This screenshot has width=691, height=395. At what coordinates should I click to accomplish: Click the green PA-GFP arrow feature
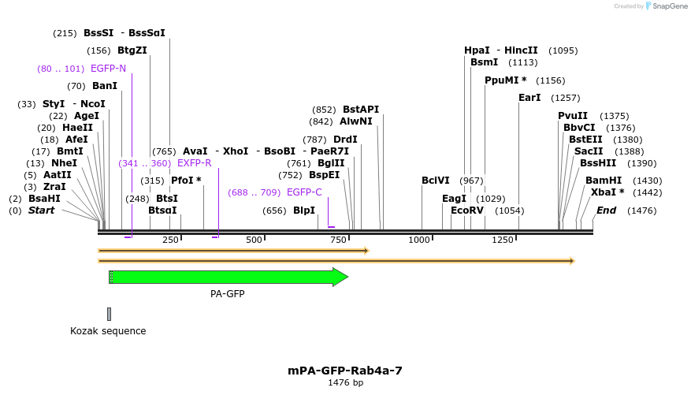[x=228, y=277]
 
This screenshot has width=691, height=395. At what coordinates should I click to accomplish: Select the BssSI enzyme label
[x=98, y=33]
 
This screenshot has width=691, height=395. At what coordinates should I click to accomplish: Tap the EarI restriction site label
[x=529, y=98]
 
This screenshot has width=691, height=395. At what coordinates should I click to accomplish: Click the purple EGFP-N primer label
[x=108, y=69]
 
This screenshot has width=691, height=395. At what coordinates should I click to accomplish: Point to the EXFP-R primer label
[x=194, y=163]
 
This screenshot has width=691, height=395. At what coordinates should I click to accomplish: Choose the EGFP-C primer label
[x=304, y=192]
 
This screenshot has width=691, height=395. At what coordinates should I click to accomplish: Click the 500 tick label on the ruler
[x=254, y=240]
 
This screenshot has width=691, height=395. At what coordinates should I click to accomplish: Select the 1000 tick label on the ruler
[x=420, y=240]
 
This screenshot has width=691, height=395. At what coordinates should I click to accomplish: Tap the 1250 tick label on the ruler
[x=503, y=240]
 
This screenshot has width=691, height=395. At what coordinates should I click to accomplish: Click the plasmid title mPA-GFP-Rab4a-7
[x=345, y=370]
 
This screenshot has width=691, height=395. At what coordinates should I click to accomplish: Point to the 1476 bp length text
[x=345, y=383]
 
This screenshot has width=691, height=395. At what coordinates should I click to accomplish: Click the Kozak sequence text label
[x=108, y=331]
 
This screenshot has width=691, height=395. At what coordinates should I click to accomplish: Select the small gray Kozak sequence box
[x=110, y=314]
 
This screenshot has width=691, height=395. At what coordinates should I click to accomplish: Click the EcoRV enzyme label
[x=467, y=211]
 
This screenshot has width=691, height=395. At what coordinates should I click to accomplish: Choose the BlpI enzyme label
[x=304, y=211]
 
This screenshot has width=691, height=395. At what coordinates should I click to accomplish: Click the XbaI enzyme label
[x=604, y=192]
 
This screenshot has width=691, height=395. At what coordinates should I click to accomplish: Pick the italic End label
[x=606, y=211]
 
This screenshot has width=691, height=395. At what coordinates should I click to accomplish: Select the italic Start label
[x=42, y=211]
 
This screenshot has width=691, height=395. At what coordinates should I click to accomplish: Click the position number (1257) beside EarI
[x=566, y=98]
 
